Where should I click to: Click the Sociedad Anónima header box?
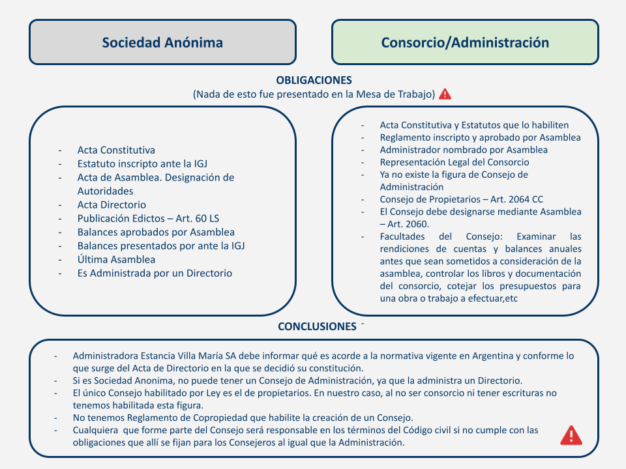(x=162, y=42)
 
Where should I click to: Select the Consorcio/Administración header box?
(x=465, y=42)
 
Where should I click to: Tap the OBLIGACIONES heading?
(x=314, y=80)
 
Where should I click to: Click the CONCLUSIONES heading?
(x=317, y=326)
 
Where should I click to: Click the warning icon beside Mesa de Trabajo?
(x=445, y=94)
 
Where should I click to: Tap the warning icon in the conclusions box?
(x=571, y=434)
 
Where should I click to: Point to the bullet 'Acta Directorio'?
(x=112, y=205)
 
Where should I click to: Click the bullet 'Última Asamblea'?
(x=116, y=259)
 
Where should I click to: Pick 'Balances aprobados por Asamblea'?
(x=156, y=232)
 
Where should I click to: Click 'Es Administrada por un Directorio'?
(x=155, y=273)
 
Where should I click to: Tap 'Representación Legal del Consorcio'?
(x=455, y=162)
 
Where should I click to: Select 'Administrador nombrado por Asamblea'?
(x=464, y=150)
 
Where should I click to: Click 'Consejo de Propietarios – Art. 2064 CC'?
(x=462, y=199)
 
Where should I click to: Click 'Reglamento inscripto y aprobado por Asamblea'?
(x=480, y=137)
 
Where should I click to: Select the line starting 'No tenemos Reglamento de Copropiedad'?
(x=243, y=417)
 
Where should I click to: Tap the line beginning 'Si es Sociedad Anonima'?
(x=297, y=380)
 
